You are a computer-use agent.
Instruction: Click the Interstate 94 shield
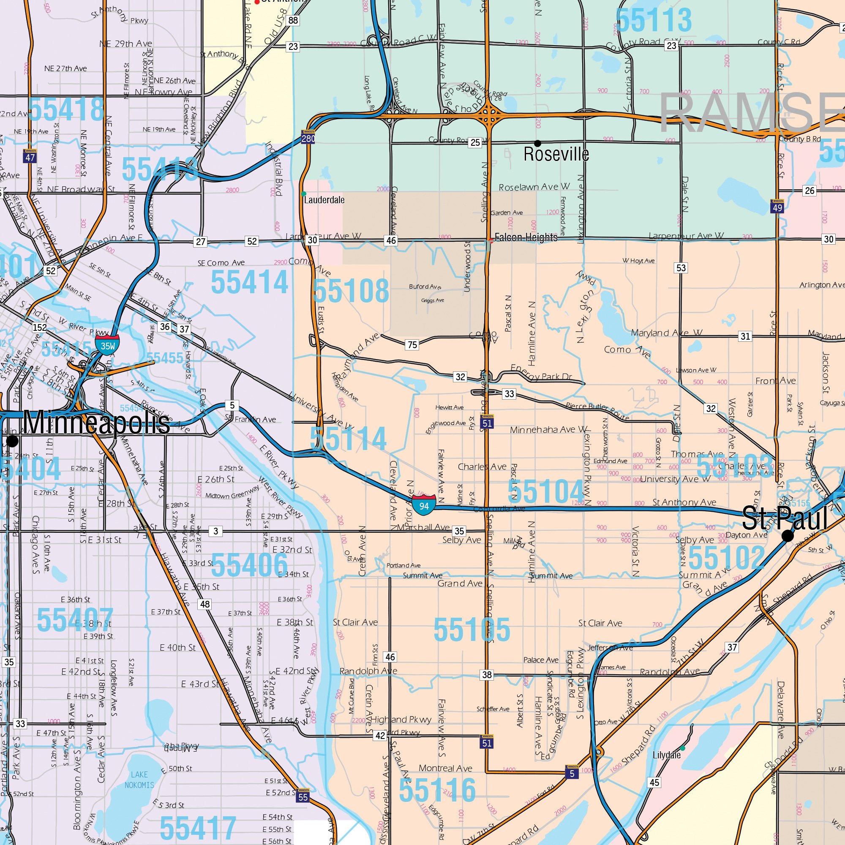(424, 506)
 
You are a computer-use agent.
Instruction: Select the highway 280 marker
(308, 137)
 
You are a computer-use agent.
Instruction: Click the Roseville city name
(556, 154)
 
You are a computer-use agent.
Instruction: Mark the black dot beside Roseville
(537, 143)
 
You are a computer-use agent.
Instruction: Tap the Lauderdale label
(324, 200)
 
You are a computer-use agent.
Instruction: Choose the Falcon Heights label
(526, 237)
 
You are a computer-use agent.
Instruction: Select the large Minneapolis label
(96, 422)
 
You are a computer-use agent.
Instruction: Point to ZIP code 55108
(351, 291)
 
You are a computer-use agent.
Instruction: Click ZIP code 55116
(437, 790)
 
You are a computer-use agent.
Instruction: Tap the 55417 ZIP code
(198, 828)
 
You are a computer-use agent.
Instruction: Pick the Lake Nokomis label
(139, 780)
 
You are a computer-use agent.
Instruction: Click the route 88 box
(293, 20)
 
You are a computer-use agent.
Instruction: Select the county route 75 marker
(412, 345)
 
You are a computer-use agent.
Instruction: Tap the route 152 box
(39, 327)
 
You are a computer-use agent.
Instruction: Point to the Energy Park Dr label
(542, 373)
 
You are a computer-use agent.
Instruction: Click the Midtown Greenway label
(232, 493)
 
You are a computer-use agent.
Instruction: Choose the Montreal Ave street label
(445, 768)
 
